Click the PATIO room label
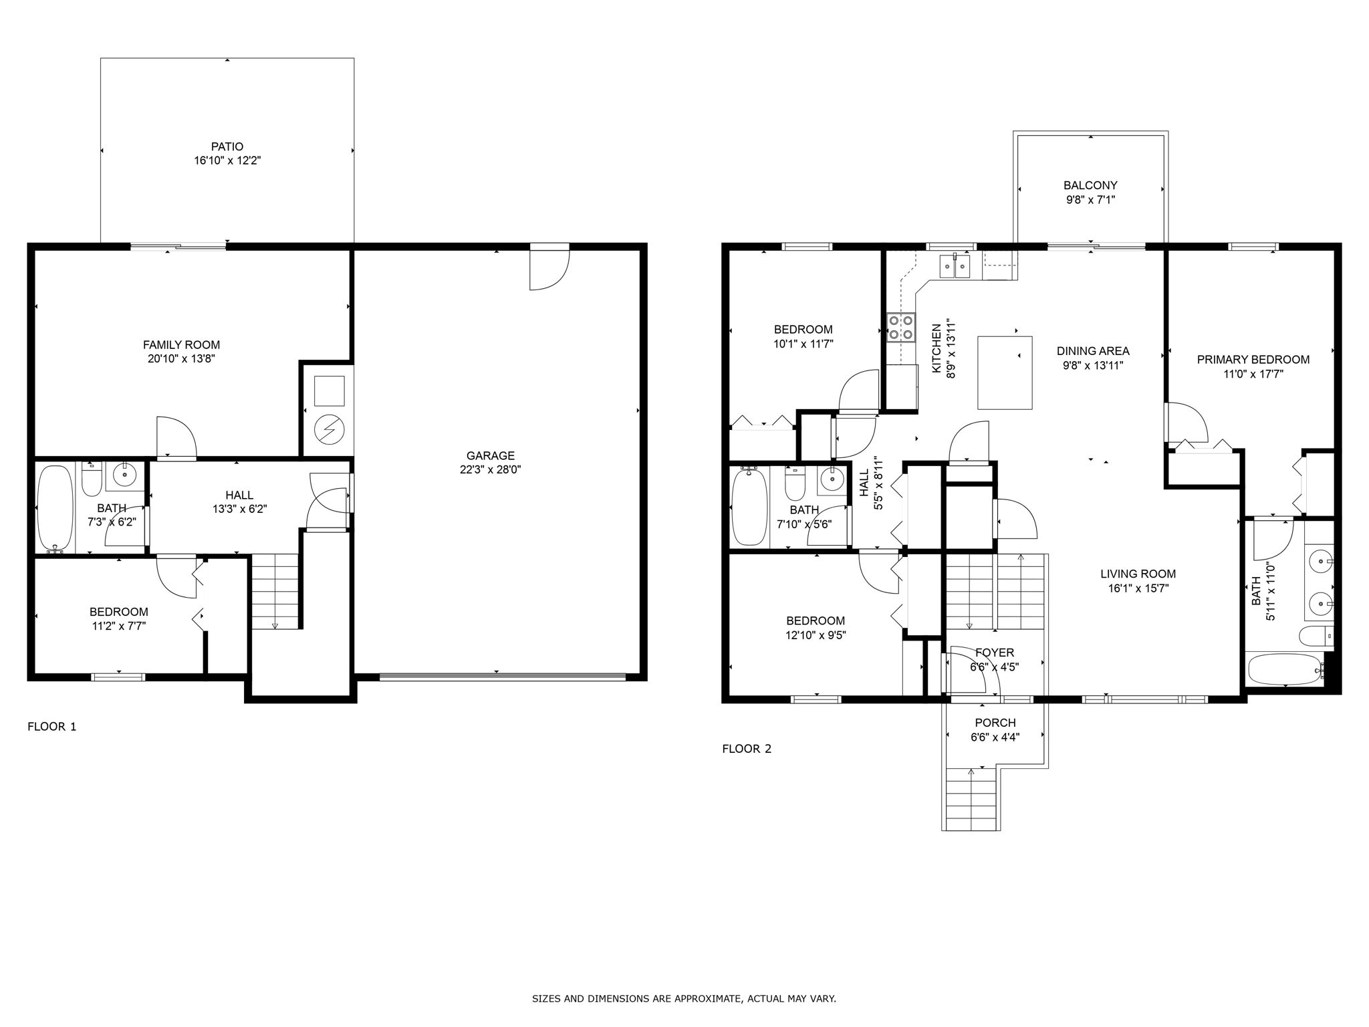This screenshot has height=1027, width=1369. pyautogui.click(x=227, y=146)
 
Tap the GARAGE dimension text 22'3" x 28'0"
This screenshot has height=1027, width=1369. pyautogui.click(x=490, y=469)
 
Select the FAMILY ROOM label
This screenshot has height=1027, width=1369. pyautogui.click(x=181, y=345)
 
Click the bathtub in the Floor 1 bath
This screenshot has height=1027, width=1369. pyautogui.click(x=55, y=509)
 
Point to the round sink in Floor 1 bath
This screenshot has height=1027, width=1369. pyautogui.click(x=124, y=475)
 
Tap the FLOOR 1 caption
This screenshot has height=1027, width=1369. pyautogui.click(x=52, y=726)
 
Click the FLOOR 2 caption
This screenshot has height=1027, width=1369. pyautogui.click(x=747, y=749)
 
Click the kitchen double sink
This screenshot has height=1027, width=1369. pyautogui.click(x=955, y=267)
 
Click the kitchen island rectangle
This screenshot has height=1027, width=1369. pyautogui.click(x=1005, y=372)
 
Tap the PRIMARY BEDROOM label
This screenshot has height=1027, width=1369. pyautogui.click(x=1253, y=360)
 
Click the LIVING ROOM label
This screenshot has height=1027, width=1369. pyautogui.click(x=1138, y=574)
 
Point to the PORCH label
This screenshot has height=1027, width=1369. pyautogui.click(x=995, y=723)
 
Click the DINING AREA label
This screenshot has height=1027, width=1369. pyautogui.click(x=1093, y=351)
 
